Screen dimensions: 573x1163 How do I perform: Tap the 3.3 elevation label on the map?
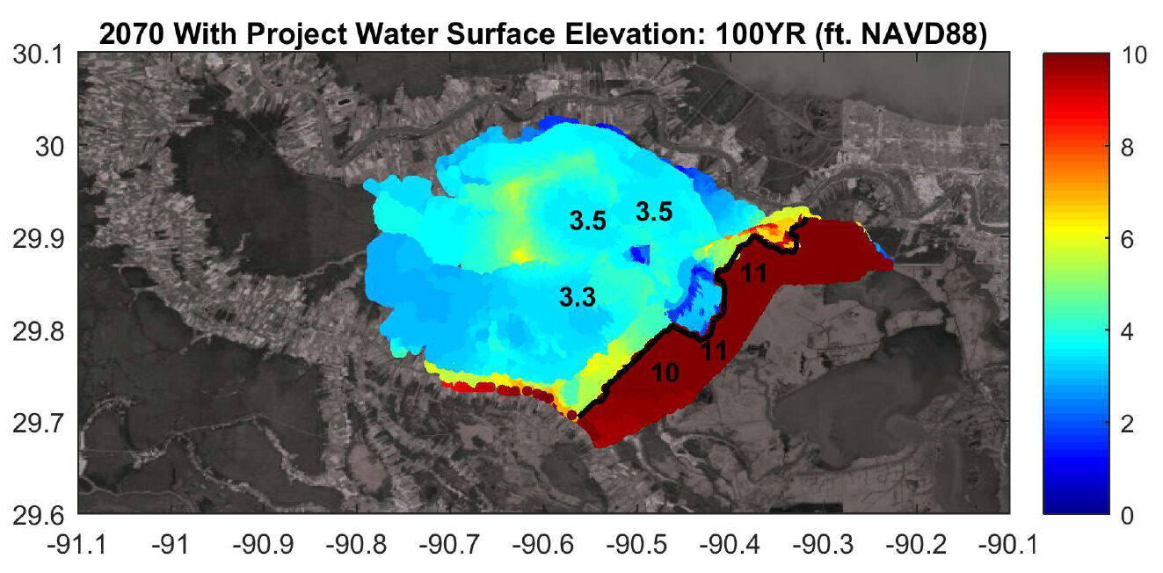click(578, 299)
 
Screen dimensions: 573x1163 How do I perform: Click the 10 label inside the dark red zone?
click(665, 373)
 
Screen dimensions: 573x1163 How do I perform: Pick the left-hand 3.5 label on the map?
click(588, 221)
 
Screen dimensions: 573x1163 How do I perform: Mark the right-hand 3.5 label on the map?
click(654, 211)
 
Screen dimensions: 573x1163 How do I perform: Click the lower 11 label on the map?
click(713, 350)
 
